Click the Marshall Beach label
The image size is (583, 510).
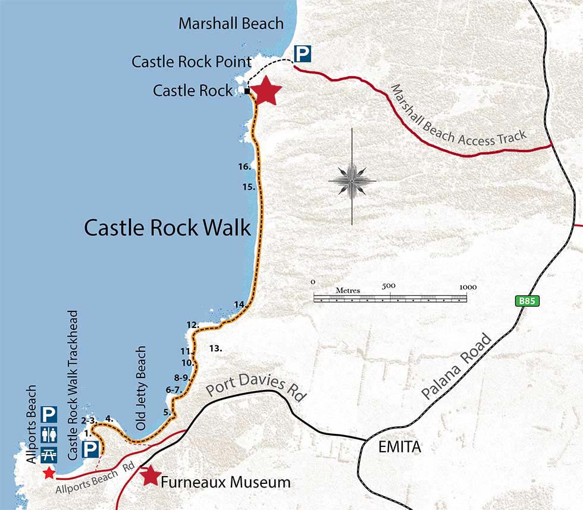point(231,24)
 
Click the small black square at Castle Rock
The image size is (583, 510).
point(246,91)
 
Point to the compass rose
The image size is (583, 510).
point(352,178)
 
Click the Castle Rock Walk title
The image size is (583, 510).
point(167,228)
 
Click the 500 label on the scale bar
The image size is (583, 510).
point(388,286)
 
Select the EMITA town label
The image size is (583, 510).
point(399,447)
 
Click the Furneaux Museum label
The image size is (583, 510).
point(225,482)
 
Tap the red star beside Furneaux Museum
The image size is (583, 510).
point(151,475)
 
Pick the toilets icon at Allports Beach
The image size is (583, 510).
point(48,435)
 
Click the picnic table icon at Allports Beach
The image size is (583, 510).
point(48,454)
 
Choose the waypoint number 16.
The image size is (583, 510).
point(244,167)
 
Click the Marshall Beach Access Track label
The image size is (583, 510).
point(458,116)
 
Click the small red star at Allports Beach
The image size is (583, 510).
point(48,473)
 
